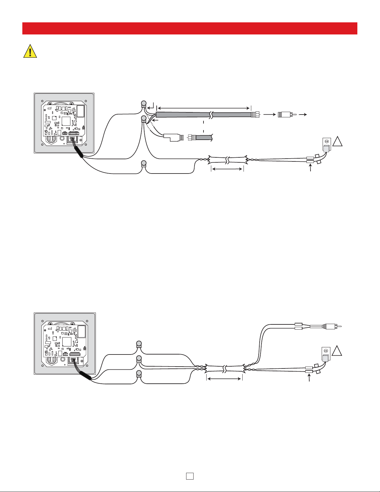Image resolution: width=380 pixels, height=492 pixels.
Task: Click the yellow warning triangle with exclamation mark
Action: coord(30,51)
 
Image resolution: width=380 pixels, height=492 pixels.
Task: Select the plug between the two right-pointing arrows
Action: coord(285,115)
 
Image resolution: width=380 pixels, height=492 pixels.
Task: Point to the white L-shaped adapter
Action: coord(172,137)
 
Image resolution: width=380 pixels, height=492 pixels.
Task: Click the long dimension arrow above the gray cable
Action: coord(203,108)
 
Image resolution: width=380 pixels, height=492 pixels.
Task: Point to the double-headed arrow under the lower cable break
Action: coord(224,378)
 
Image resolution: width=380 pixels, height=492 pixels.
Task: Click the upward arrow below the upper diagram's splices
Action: coord(311,170)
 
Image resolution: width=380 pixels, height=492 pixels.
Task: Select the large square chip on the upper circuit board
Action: coord(66,121)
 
